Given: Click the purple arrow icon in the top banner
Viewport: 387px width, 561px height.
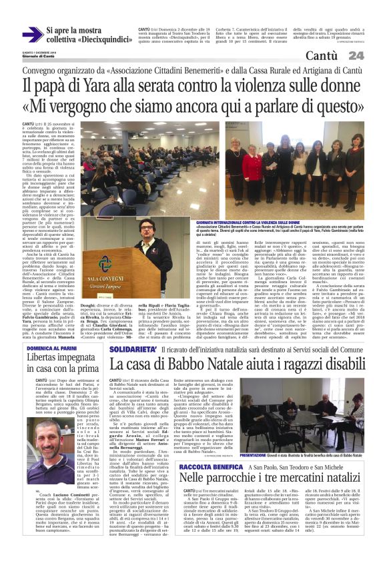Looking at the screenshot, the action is tap(32, 35).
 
